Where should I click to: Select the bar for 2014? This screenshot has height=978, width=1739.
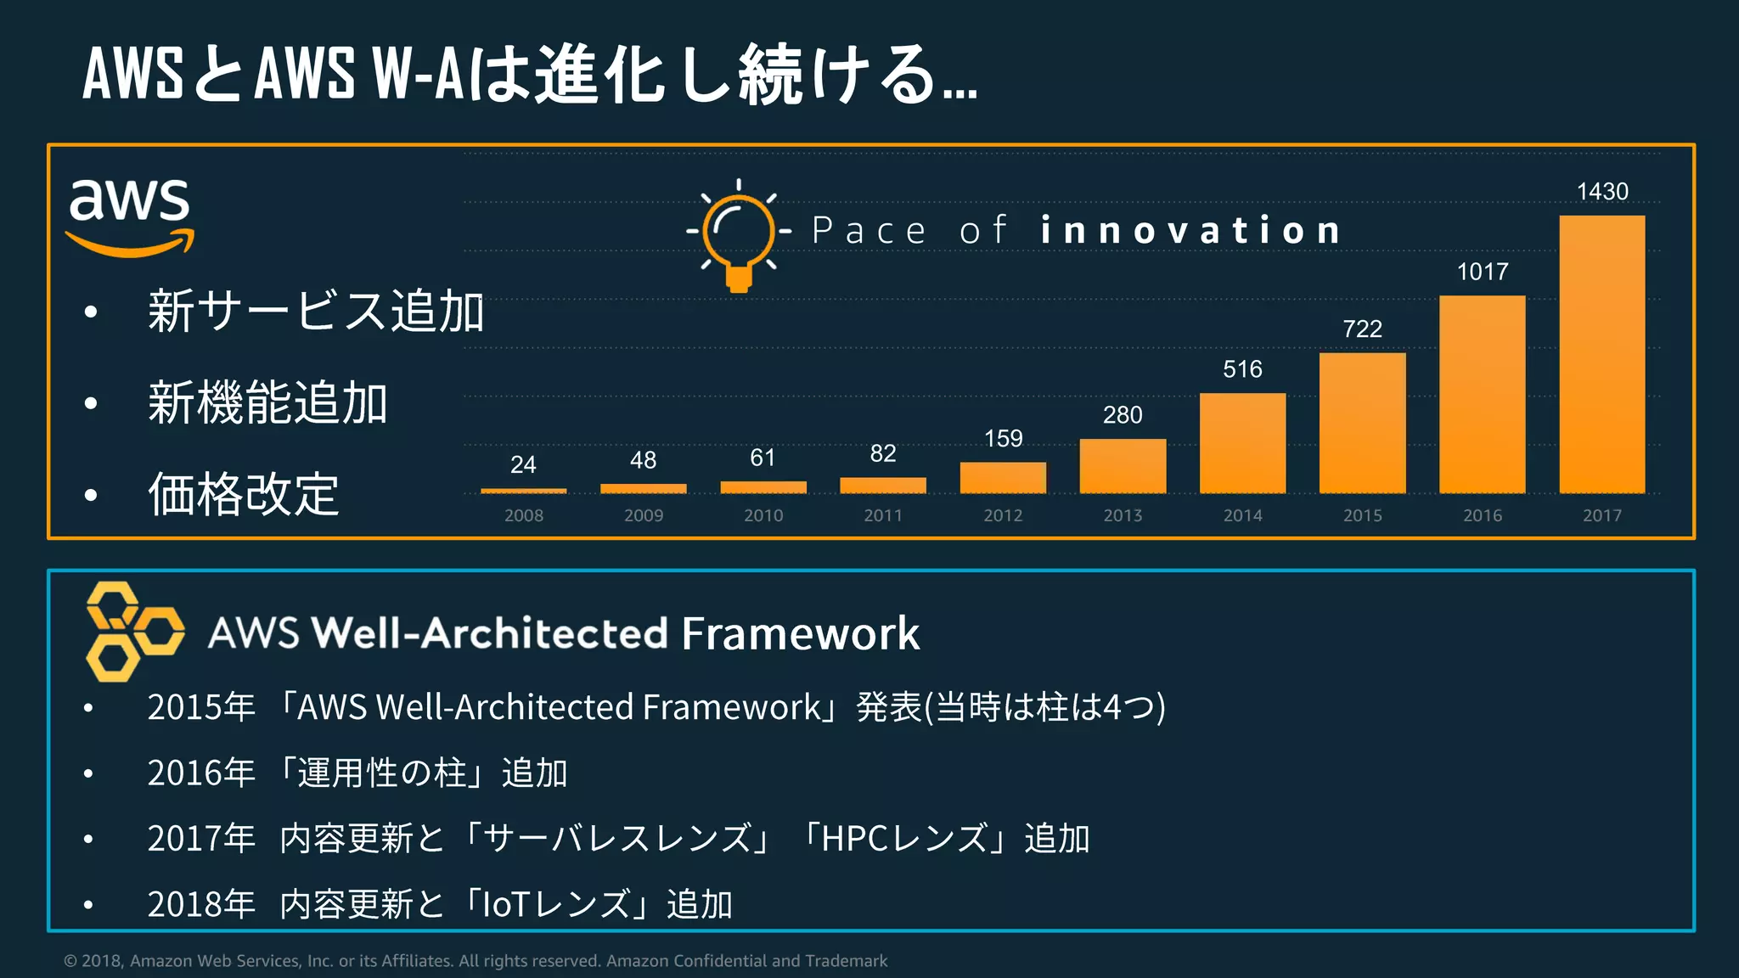coord(1242,443)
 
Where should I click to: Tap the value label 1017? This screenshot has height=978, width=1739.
coord(1483,272)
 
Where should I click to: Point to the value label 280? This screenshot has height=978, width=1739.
coord(1123,415)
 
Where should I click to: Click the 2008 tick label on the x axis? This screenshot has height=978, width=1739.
coord(523,515)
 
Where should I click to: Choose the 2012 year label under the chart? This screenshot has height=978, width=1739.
coord(1003,515)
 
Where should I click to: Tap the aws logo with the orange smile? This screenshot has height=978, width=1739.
coord(130,216)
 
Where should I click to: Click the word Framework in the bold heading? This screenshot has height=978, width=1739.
coord(800,633)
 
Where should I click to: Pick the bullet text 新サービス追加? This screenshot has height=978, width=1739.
coord(315,311)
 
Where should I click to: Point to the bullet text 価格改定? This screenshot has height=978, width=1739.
coord(244,494)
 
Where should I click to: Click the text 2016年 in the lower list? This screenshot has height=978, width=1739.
coord(201,773)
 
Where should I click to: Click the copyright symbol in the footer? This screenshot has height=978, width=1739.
coord(70,961)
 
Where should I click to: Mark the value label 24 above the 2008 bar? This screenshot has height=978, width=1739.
coord(523,464)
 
